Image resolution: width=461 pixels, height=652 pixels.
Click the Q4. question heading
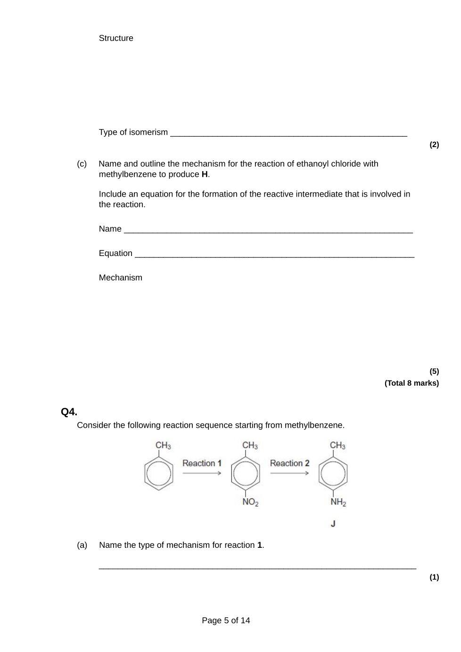69,412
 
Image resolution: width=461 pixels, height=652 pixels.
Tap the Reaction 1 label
202,463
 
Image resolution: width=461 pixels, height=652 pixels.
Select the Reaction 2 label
289,463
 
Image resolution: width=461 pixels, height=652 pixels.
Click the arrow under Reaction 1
202,473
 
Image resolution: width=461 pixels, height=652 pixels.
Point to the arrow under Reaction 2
289,473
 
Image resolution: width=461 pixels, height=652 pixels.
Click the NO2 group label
250,502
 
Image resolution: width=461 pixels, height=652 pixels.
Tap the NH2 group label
338,502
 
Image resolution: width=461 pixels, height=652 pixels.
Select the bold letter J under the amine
333,524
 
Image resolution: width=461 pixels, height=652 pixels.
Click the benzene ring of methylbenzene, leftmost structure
159,474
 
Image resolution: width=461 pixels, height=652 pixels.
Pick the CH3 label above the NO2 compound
250,446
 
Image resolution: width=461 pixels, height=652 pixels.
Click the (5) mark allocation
434,371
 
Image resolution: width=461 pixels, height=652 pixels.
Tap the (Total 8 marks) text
412,383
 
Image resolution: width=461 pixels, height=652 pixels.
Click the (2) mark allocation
434,145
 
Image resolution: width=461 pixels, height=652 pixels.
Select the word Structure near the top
116,38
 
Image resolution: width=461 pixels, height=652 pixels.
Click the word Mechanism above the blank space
120,278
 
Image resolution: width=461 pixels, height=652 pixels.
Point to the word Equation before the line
115,253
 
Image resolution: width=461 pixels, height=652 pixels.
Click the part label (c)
82,164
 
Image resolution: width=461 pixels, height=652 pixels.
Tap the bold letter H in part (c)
205,174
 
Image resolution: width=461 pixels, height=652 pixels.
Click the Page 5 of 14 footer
226,620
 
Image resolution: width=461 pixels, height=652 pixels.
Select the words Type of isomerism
133,132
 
